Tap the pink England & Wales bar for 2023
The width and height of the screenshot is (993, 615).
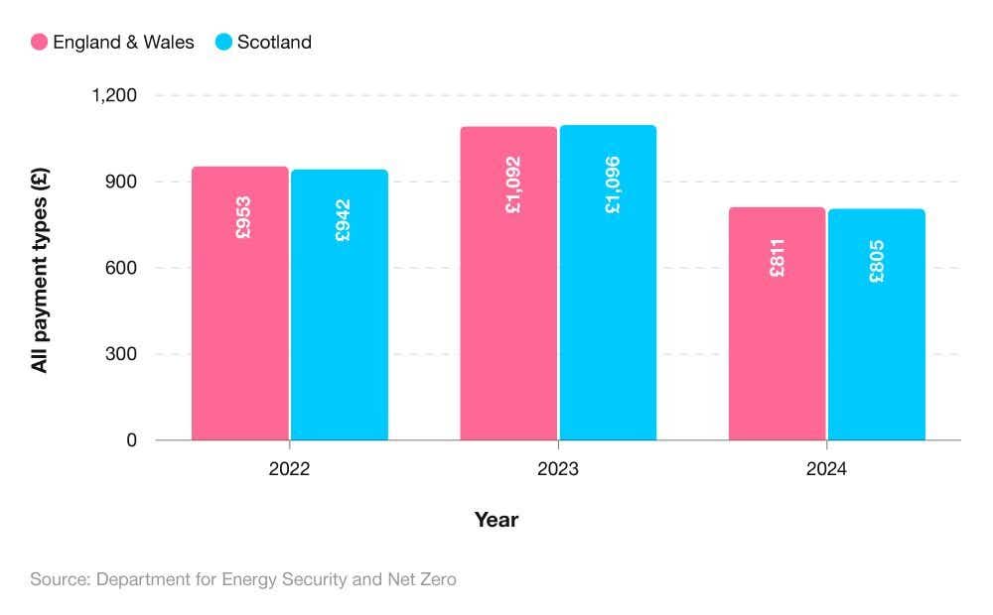(508, 298)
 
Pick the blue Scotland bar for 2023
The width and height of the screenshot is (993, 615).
(608, 298)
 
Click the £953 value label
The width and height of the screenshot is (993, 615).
(243, 218)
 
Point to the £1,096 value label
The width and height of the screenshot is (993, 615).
(612, 185)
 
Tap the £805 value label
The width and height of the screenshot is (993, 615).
(877, 262)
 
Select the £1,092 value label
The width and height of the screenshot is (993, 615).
(512, 185)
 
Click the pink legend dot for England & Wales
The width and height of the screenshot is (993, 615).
(40, 42)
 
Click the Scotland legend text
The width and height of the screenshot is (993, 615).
(274, 42)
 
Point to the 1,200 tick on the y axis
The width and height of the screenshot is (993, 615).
(114, 96)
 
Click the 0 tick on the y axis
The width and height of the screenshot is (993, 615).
(132, 440)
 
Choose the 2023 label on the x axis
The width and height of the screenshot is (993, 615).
(558, 469)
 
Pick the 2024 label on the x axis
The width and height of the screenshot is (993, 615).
(826, 469)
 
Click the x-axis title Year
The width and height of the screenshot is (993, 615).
(496, 520)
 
